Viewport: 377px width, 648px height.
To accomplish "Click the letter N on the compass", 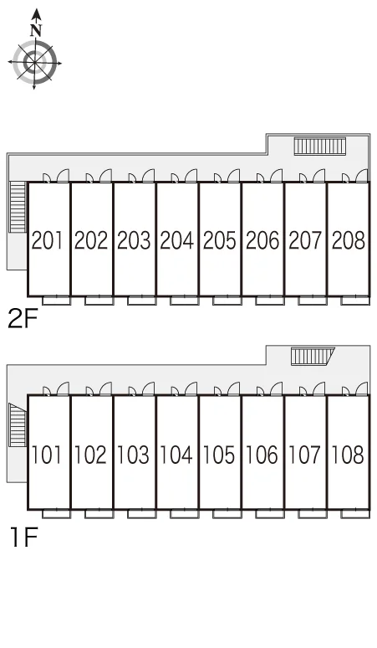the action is click(x=36, y=30).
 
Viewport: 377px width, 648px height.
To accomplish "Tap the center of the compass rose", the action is click(x=34, y=64).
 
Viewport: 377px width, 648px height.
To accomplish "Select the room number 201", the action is click(x=48, y=240).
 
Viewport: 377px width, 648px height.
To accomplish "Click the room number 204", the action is click(x=176, y=240).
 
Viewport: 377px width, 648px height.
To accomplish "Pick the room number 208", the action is click(x=348, y=240).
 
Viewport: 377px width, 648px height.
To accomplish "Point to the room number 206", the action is click(x=262, y=240).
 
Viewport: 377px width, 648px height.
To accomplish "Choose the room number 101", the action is click(x=47, y=455).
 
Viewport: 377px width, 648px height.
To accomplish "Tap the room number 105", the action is click(x=219, y=455).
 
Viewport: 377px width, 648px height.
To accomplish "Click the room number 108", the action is click(x=347, y=455).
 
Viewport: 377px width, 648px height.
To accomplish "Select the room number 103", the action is click(x=133, y=455).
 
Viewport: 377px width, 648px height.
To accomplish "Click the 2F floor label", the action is click(x=23, y=320).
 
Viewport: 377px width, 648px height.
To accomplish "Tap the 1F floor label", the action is click(x=24, y=537).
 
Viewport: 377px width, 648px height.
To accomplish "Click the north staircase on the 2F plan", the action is click(x=319, y=147).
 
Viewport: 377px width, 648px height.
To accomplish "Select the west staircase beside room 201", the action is click(x=18, y=207).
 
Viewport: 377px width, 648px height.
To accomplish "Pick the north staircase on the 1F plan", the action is click(x=313, y=357).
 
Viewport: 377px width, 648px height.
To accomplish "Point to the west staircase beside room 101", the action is click(x=18, y=425).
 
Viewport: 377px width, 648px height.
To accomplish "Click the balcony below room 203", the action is click(x=142, y=301).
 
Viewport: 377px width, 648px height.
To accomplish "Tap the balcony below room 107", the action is click(x=313, y=514).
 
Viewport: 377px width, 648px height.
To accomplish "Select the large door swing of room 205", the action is click(x=233, y=175).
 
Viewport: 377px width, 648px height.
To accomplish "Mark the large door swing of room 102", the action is click(x=105, y=388).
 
